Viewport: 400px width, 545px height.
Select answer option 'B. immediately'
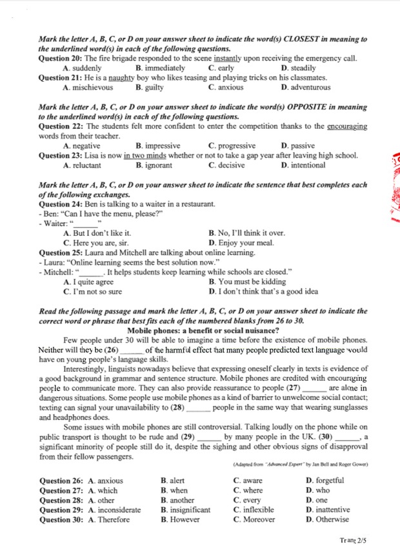pyautogui.click(x=160, y=68)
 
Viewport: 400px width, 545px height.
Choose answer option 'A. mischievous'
pyautogui.click(x=88, y=88)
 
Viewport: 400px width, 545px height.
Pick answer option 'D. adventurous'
pyautogui.click(x=306, y=88)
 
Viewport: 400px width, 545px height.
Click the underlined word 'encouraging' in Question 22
pyautogui.click(x=347, y=127)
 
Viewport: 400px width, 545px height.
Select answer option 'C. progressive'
pyautogui.click(x=232, y=146)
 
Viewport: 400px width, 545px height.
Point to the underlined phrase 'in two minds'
pyautogui.click(x=143, y=156)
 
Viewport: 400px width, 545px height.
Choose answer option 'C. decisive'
pyautogui.click(x=226, y=166)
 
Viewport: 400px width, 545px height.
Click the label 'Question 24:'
pyautogui.click(x=61, y=204)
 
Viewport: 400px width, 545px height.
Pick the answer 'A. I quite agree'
pyautogui.click(x=88, y=282)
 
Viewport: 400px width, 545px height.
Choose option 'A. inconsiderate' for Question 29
pyautogui.click(x=114, y=510)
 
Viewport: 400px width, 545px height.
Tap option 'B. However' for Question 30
pyautogui.click(x=181, y=519)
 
